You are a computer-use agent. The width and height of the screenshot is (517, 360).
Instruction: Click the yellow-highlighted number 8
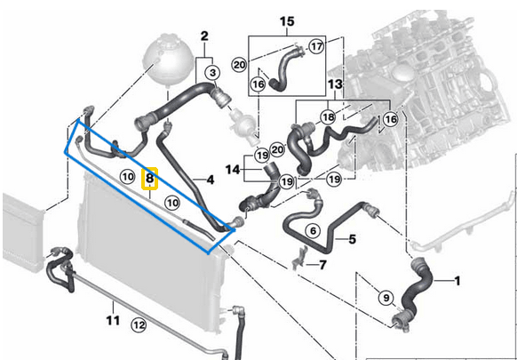pyautogui.click(x=150, y=178)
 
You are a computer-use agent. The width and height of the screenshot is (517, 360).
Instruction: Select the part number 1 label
pyautogui.click(x=458, y=282)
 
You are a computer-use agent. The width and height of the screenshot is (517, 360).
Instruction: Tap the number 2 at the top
pyautogui.click(x=204, y=36)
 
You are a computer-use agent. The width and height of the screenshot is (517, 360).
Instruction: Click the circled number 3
pyautogui.click(x=213, y=72)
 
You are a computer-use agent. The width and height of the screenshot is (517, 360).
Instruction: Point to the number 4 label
pyautogui.click(x=211, y=180)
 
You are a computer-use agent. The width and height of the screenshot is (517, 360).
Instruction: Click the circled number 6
pyautogui.click(x=312, y=230)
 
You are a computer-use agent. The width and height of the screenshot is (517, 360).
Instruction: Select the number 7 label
pyautogui.click(x=322, y=264)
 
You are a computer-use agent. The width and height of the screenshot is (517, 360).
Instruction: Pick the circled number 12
pyautogui.click(x=138, y=325)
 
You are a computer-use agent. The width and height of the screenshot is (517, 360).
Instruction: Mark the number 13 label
pyautogui.click(x=334, y=84)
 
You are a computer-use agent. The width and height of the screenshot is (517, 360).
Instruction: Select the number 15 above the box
pyautogui.click(x=286, y=20)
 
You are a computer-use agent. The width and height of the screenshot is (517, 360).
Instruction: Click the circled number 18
pyautogui.click(x=329, y=117)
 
